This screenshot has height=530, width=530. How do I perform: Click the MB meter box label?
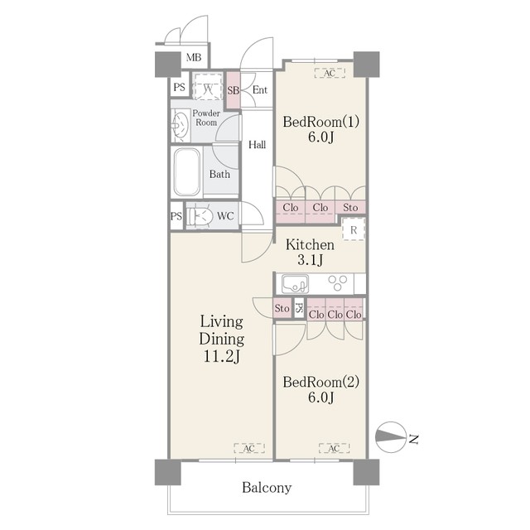tap(194, 57)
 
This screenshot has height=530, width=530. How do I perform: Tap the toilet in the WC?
tap(200, 216)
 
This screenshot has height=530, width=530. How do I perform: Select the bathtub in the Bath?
tap(186, 172)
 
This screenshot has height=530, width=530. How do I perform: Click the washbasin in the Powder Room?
tap(181, 126)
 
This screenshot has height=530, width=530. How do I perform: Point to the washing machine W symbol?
tap(208, 86)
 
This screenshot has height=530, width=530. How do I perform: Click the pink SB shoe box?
tap(233, 90)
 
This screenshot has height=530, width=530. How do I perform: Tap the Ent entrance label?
tap(260, 90)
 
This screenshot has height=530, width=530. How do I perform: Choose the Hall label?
tap(258, 145)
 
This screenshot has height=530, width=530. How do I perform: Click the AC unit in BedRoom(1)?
tap(330, 73)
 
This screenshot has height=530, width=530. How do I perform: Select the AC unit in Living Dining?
tap(249, 448)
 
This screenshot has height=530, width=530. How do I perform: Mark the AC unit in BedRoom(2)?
tap(334, 448)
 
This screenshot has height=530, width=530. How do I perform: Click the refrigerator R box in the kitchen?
tap(354, 229)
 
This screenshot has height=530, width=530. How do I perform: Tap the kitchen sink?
tap(295, 283)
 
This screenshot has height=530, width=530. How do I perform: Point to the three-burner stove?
tap(338, 283)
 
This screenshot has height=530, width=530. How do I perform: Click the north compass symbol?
tap(390, 437)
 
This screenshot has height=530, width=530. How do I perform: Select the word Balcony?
tap(267, 488)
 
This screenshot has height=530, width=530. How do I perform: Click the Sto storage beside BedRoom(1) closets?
tap(350, 207)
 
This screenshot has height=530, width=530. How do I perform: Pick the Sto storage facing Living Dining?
tap(282, 308)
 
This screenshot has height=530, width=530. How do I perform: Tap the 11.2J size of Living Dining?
tap(221, 356)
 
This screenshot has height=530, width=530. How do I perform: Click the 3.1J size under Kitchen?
tap(310, 260)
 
